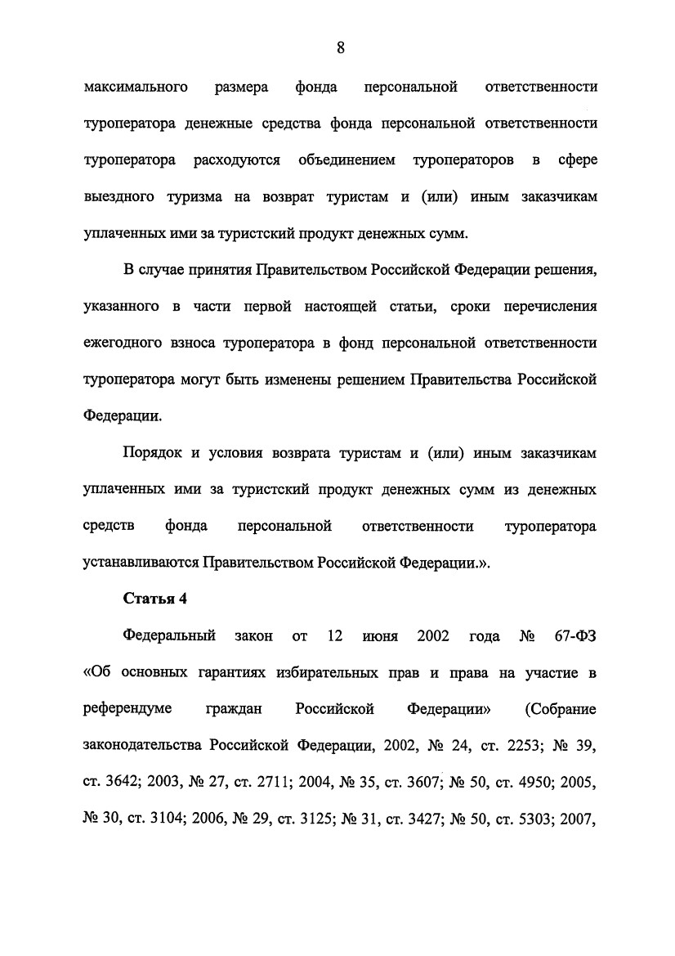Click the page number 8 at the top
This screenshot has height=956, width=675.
coord(341,48)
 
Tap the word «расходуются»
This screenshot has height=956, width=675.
coord(237,160)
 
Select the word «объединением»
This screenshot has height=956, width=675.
coord(347,160)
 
